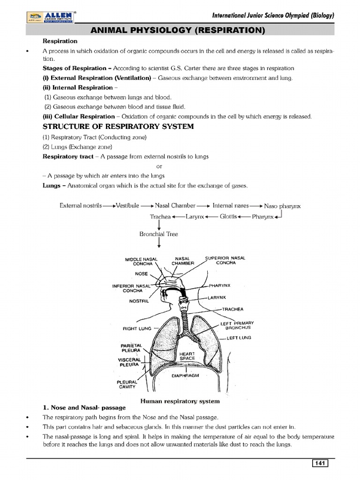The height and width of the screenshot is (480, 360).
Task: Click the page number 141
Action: (320, 464)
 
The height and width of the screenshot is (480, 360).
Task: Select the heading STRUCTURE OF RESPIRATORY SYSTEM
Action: (118, 127)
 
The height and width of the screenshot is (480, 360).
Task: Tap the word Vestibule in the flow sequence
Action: (127, 205)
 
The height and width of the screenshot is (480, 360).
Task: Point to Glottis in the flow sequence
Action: (228, 217)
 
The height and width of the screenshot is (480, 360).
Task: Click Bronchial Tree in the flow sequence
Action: (158, 233)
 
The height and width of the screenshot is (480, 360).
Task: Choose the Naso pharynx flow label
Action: (282, 206)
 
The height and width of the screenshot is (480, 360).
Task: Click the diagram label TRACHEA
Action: (233, 309)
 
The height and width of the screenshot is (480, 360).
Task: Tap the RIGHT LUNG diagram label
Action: (137, 329)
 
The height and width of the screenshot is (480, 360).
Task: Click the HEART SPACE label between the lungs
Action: (187, 356)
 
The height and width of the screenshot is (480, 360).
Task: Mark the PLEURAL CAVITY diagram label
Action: (126, 384)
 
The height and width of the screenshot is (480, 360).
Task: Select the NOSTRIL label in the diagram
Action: (139, 300)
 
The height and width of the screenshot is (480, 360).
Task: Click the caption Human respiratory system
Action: (180, 401)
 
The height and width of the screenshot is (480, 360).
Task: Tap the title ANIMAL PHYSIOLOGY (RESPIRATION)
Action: (180, 31)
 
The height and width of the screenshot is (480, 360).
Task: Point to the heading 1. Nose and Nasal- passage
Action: (85, 408)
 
